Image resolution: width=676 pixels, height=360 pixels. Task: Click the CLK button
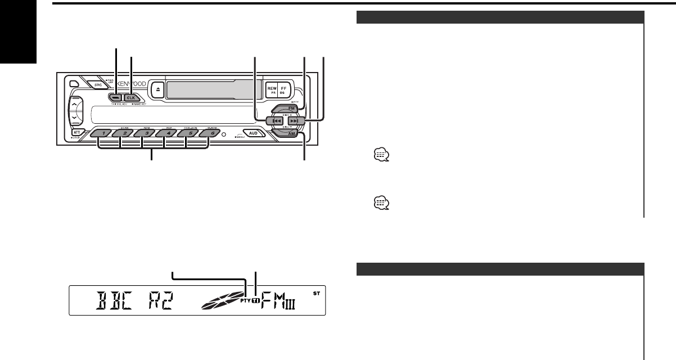click(x=130, y=97)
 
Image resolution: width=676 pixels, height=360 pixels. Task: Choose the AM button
click(x=292, y=134)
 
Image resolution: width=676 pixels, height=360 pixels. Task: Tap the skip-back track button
click(x=274, y=121)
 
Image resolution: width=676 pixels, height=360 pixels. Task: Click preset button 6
click(x=208, y=134)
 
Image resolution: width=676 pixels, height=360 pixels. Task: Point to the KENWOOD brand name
click(x=133, y=84)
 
